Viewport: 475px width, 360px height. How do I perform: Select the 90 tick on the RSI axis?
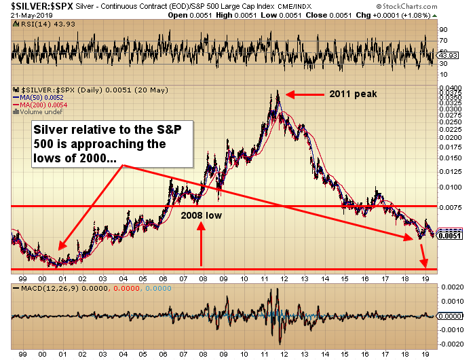coord(442,30)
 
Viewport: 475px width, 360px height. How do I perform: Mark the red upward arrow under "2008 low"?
coord(201,245)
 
